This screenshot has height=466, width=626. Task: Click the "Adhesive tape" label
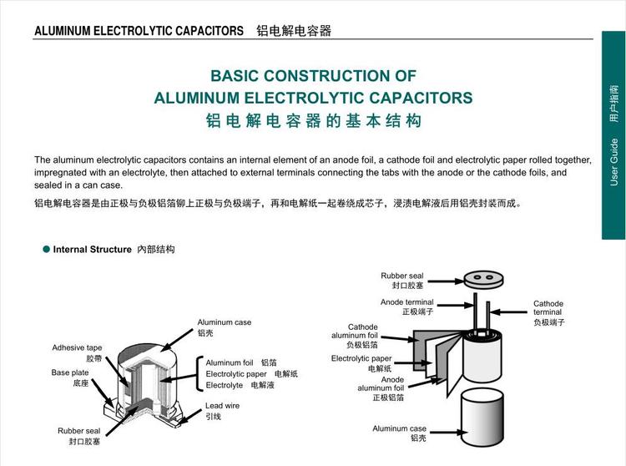point(77,347)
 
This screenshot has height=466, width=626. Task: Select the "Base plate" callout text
point(70,372)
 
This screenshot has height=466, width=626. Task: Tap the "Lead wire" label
point(223,406)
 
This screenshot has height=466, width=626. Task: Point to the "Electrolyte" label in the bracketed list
point(225,385)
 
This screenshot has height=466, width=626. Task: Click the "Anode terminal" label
point(406,302)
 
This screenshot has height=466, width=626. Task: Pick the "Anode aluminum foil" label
point(381,383)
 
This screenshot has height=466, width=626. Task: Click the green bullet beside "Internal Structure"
point(46,249)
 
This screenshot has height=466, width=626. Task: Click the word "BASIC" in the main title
point(237,76)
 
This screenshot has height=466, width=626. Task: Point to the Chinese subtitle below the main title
point(313,121)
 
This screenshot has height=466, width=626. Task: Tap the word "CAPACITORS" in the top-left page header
point(206,31)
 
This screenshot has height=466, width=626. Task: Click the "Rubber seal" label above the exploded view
point(402,276)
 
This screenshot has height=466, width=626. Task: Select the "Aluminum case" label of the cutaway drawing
point(224,322)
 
